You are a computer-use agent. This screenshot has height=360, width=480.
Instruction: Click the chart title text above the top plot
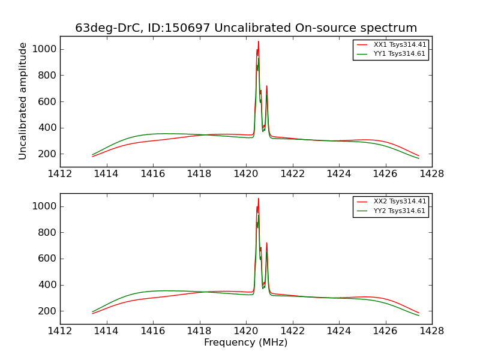pos(246,28)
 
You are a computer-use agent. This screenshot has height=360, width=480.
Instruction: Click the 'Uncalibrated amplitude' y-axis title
pos(23,101)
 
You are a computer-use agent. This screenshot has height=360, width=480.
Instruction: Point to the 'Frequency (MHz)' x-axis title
pos(246,343)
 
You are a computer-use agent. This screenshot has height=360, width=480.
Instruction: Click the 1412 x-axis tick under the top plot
pos(60,174)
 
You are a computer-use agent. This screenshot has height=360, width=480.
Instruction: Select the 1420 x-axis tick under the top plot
pos(246,174)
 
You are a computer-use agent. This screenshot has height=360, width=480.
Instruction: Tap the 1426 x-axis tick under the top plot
pos(385,174)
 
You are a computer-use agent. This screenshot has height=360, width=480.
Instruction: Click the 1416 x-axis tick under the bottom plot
pos(153,331)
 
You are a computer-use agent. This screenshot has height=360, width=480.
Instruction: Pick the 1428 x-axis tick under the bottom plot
pos(432,331)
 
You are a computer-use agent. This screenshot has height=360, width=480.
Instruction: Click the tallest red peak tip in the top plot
pos(259,42)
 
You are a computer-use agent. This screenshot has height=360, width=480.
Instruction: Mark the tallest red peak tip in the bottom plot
pos(259,199)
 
